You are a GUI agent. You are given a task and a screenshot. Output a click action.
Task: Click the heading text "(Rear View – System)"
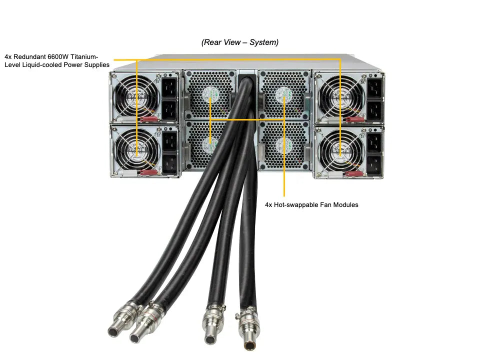[240, 42]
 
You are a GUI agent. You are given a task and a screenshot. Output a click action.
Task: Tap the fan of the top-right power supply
[341, 96]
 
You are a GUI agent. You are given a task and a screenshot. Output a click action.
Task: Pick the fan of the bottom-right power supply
[341, 150]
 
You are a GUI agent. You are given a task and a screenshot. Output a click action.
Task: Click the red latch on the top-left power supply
[149, 119]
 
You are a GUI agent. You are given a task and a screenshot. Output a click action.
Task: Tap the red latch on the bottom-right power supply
[355, 174]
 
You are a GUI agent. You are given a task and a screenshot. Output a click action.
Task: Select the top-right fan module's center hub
[284, 94]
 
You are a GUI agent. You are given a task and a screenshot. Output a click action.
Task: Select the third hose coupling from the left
[212, 324]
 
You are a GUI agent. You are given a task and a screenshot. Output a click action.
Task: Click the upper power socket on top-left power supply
[169, 87]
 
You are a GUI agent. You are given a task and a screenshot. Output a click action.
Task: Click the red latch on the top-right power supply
[355, 119]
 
